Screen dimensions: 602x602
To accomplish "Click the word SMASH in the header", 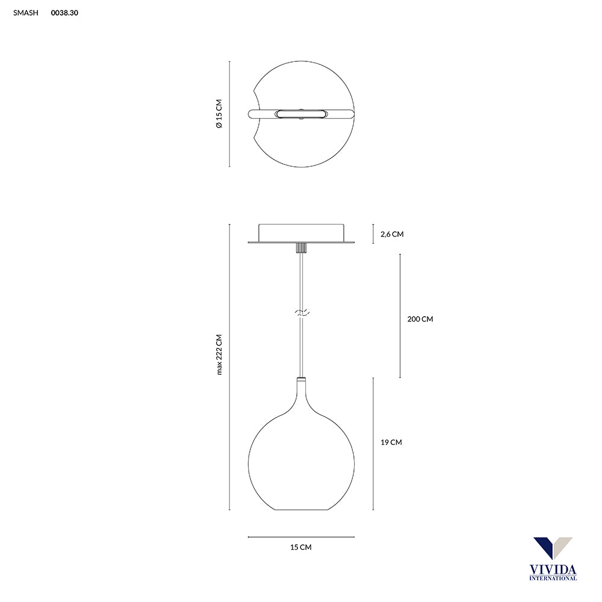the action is click(x=26, y=13).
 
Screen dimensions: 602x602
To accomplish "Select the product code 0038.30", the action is click(x=64, y=13).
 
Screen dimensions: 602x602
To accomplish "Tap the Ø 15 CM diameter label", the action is click(x=219, y=114).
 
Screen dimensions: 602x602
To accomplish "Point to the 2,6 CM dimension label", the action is click(x=392, y=234).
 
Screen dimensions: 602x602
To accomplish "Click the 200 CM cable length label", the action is click(x=420, y=319).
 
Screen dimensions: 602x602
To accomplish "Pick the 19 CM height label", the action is click(x=391, y=442).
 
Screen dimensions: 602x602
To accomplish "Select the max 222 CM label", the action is click(x=219, y=355).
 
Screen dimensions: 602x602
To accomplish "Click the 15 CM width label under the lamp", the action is click(x=301, y=547).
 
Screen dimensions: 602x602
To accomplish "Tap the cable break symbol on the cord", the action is click(x=302, y=312).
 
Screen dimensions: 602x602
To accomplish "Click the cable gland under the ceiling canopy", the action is click(x=302, y=247).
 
